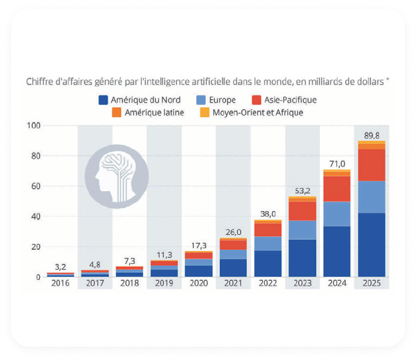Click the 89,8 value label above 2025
tap(371, 135)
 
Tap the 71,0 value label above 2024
tap(336, 164)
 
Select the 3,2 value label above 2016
tap(60, 267)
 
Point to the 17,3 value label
tap(198, 245)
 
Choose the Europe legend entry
tap(216, 100)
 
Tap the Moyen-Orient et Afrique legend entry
tap(252, 112)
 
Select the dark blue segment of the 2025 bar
tap(371, 245)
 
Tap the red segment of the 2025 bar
tap(371, 165)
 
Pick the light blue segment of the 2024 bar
tap(336, 214)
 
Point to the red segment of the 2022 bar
tap(267, 229)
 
